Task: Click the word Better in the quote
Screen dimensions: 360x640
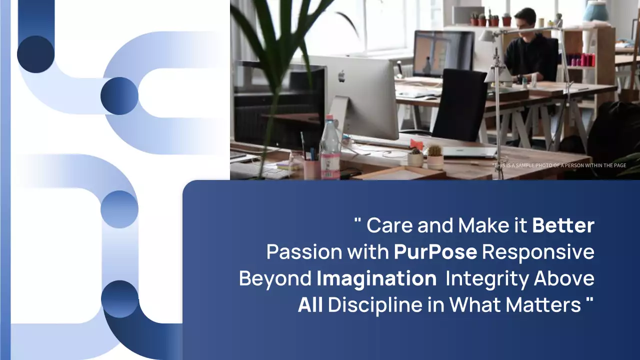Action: [x=563, y=225]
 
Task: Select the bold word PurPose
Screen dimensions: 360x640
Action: [x=435, y=252]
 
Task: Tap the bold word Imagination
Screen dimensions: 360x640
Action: [x=376, y=278]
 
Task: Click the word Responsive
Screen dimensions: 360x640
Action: [x=538, y=252]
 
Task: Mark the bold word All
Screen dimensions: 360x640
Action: [x=310, y=305]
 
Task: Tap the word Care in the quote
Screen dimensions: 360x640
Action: [x=389, y=225]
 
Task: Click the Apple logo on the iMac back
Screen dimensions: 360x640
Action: [x=341, y=76]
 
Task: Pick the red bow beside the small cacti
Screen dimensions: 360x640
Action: [x=416, y=144]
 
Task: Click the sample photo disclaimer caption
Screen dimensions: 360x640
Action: [x=559, y=165]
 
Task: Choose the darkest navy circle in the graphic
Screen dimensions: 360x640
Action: [x=35, y=54]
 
